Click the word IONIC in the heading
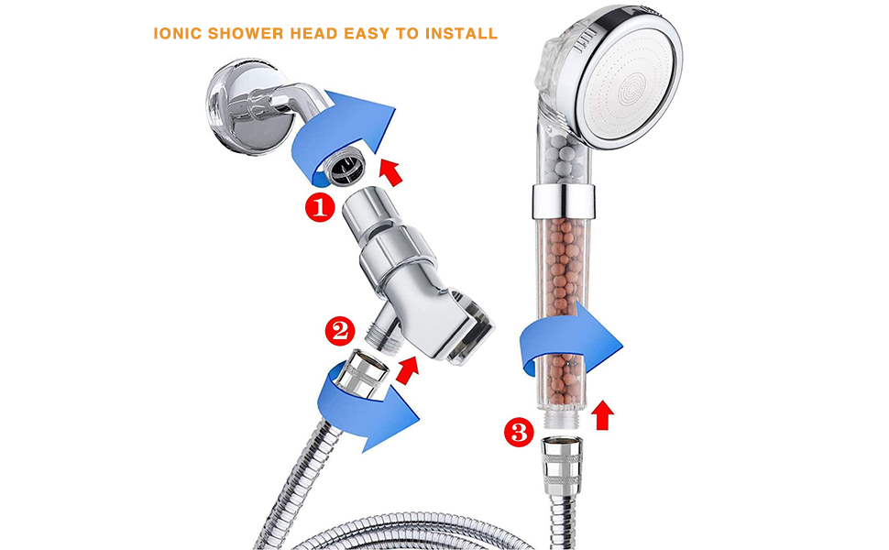pos(179,34)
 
